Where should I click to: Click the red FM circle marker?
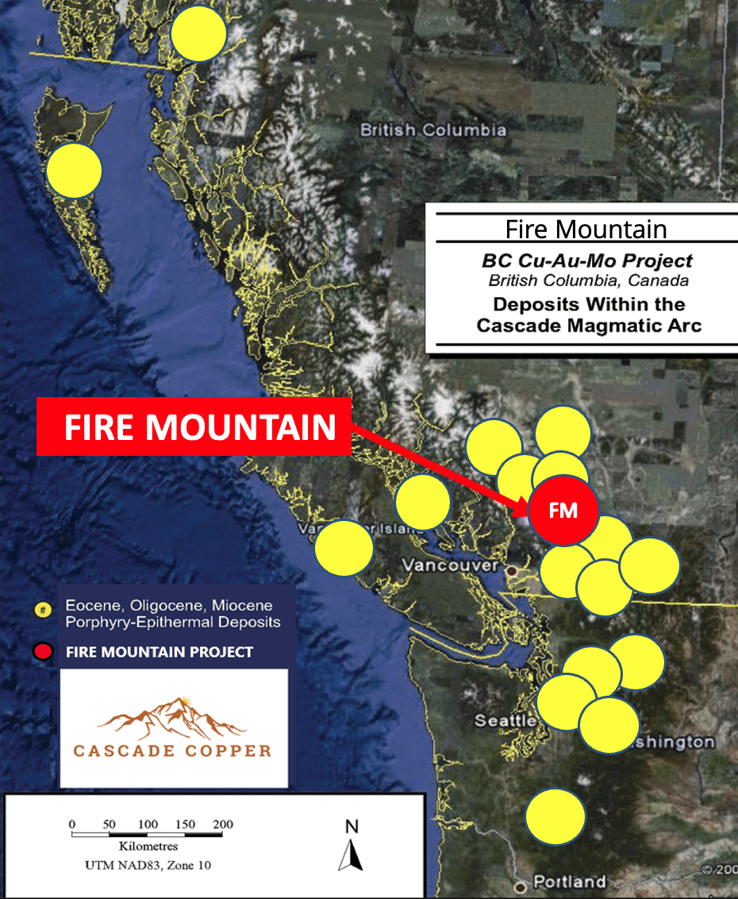(x=563, y=511)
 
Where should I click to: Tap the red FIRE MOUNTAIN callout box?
(x=194, y=426)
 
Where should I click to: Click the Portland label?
(x=570, y=882)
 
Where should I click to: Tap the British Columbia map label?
(x=432, y=129)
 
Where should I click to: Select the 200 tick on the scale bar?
(x=222, y=824)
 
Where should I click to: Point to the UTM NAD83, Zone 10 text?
(x=148, y=865)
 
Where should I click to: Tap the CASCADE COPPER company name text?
(x=171, y=750)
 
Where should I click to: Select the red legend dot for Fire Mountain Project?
(x=44, y=652)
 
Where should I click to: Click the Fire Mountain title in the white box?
(x=586, y=230)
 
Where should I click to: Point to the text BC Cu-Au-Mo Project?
(x=586, y=260)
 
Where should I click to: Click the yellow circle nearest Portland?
(x=555, y=816)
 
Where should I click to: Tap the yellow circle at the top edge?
(x=199, y=33)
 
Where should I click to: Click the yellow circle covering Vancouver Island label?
(x=344, y=547)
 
